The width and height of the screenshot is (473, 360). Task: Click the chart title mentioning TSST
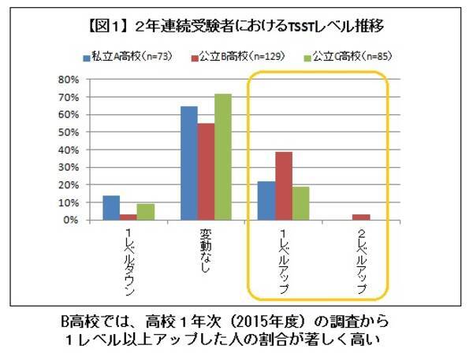coord(236,26)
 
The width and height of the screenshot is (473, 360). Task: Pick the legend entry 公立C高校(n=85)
coord(342,57)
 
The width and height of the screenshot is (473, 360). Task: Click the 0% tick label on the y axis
coord(70,220)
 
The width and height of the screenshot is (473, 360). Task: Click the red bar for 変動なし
coord(206,172)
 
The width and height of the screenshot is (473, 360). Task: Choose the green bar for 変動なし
coord(222,157)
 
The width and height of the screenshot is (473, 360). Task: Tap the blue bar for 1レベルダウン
coord(111,208)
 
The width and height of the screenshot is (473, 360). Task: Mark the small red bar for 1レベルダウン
coord(128,217)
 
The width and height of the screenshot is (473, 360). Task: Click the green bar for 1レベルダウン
coord(144,212)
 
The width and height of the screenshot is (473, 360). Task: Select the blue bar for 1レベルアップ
coord(267,201)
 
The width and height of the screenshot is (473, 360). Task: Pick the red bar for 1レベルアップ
coord(284,186)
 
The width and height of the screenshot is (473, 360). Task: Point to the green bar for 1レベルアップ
coord(300,203)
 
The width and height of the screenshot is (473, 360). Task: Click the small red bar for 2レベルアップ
coord(362,217)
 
